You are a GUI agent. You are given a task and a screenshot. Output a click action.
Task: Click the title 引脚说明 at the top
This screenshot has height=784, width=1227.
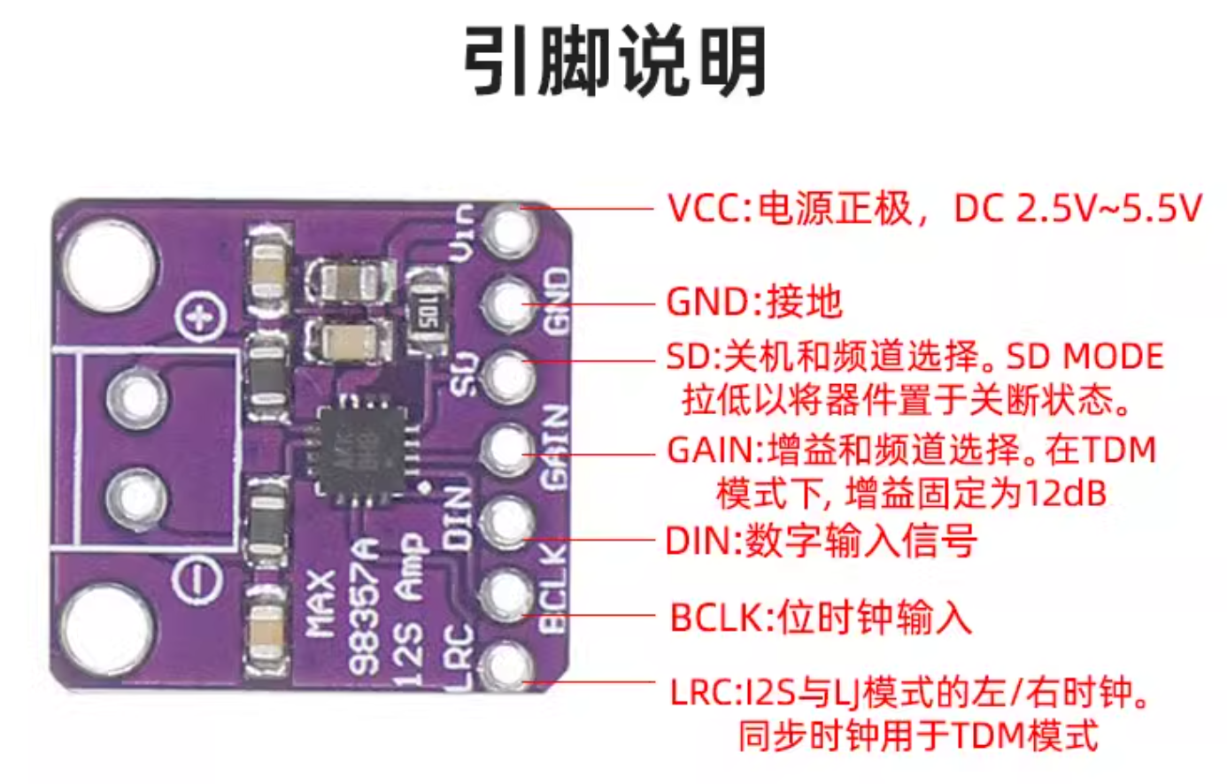tap(614, 60)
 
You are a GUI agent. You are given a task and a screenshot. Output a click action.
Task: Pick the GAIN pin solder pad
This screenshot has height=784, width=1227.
tap(506, 450)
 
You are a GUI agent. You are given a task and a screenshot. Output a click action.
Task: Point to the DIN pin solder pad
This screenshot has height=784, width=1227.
tap(506, 521)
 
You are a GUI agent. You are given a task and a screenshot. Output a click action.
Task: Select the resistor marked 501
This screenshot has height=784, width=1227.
tap(430, 314)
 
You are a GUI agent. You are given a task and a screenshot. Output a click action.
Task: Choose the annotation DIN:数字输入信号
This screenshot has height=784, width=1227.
tap(822, 540)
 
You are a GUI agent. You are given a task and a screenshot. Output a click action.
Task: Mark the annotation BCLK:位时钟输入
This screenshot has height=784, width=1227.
tap(821, 617)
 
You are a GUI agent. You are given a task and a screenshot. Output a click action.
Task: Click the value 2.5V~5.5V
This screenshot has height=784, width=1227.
tap(1109, 209)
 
